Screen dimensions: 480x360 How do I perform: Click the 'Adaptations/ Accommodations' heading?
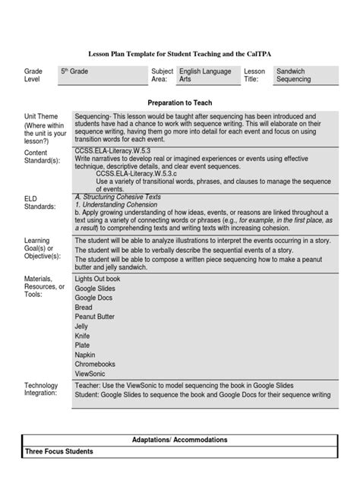pos(179,440)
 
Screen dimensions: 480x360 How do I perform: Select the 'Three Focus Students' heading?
pos(60,452)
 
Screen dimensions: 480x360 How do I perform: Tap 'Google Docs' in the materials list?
pos(95,297)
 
